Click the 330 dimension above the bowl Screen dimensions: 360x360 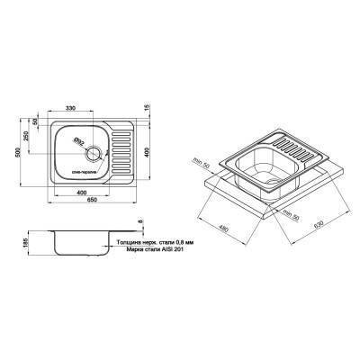point(81,109)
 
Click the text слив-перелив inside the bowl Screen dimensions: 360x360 point(80,170)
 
